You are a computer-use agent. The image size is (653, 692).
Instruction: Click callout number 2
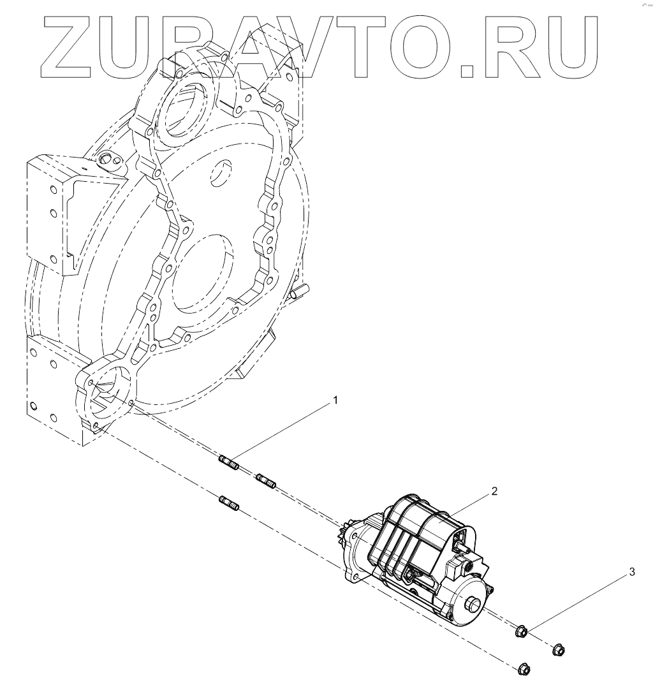click(x=494, y=492)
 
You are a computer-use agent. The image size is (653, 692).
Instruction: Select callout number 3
click(x=632, y=572)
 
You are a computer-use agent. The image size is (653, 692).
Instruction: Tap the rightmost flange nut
click(x=559, y=650)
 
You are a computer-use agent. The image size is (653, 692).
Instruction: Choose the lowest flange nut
click(x=524, y=670)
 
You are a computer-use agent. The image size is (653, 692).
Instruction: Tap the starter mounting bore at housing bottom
click(x=105, y=395)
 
